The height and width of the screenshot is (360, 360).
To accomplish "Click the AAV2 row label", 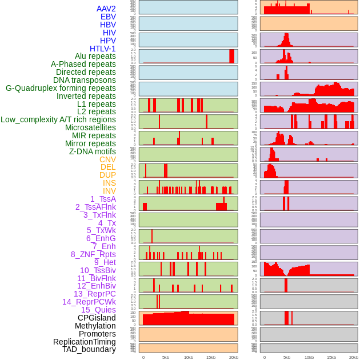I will (x=106, y=9).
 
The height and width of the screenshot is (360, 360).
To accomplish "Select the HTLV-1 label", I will (x=103, y=49).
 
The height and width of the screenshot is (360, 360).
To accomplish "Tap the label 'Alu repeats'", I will (x=95, y=56).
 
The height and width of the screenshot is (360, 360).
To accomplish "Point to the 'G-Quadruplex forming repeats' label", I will (x=61, y=88).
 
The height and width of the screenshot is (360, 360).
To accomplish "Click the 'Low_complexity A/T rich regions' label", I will (x=58, y=119).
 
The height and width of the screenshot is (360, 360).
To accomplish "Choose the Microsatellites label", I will (x=90, y=127).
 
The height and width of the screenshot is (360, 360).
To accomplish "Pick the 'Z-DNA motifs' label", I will (x=93, y=151).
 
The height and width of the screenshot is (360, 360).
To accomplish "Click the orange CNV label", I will (x=107, y=159).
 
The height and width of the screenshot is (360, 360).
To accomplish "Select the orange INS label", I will (x=109, y=183).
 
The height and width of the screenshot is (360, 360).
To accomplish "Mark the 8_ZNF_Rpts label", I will (x=93, y=254).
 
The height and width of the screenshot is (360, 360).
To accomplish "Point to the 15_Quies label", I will (x=98, y=310).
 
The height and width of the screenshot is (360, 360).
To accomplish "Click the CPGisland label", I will (x=97, y=318).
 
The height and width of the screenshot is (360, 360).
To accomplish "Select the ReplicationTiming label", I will (x=85, y=342).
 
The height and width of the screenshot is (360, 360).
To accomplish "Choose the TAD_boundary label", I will (x=89, y=349).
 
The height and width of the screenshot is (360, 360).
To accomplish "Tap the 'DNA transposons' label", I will (x=85, y=80).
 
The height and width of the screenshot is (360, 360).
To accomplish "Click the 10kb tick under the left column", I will (x=189, y=357).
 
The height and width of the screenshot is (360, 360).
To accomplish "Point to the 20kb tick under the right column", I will (x=354, y=357).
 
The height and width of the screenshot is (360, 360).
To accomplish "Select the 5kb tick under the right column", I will (x=287, y=357).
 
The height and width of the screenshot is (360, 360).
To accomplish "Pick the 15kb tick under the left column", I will (x=211, y=357).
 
